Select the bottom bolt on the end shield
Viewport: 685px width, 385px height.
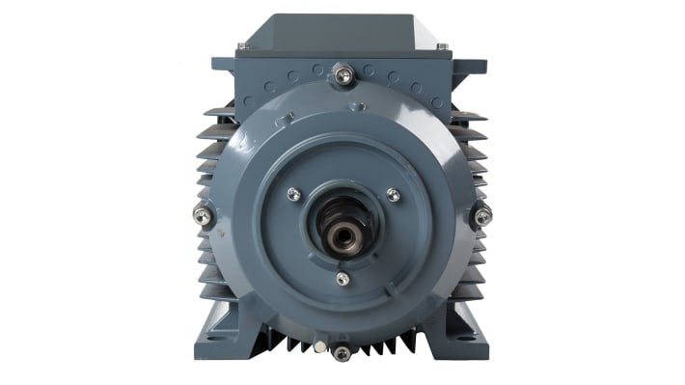(342, 353)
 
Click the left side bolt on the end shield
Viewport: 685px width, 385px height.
(203, 215)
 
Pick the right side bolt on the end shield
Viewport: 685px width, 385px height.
(482, 215)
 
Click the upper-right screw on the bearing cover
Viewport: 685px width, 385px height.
(393, 195)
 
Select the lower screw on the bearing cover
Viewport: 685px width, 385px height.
(342, 279)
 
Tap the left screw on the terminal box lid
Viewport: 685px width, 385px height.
(242, 45)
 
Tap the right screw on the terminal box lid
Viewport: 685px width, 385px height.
(442, 45)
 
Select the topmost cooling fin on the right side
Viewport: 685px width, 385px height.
(468, 114)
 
